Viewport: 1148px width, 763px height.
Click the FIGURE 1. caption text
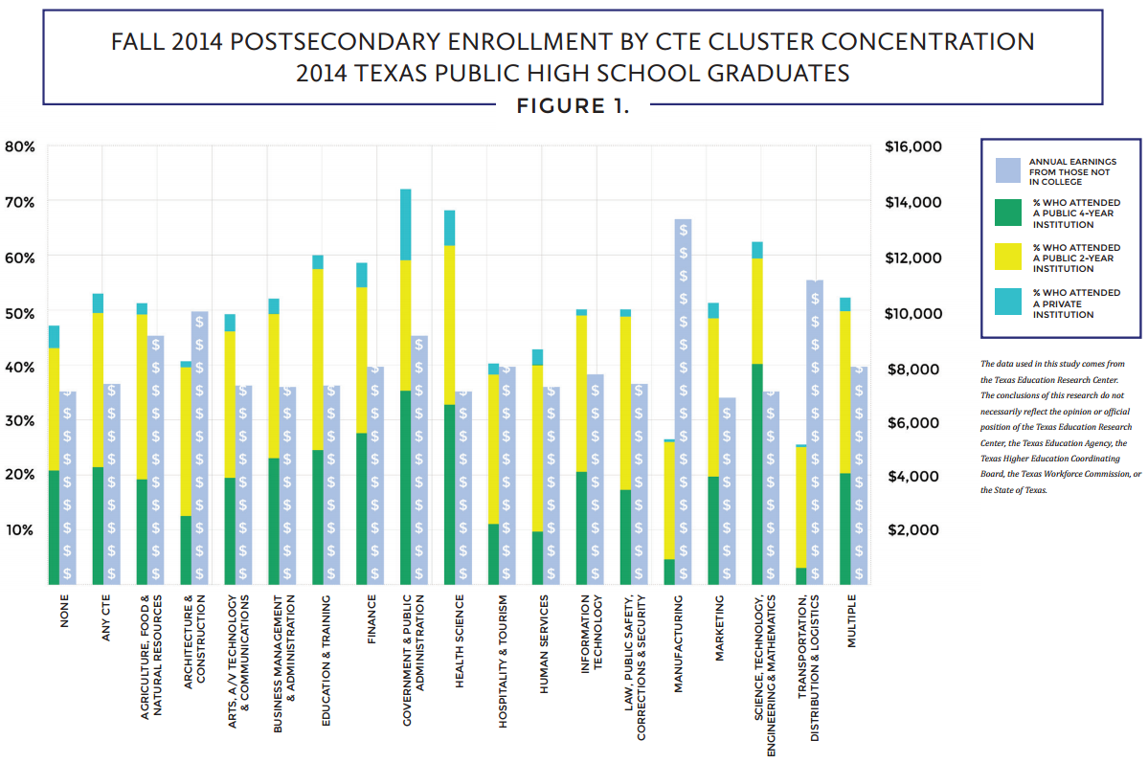coord(573,105)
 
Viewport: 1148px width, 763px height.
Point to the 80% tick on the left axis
coord(20,146)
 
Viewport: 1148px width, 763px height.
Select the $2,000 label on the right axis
coord(919,529)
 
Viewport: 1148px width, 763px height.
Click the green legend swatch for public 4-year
coord(1010,213)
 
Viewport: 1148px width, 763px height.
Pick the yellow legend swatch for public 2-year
coord(1010,258)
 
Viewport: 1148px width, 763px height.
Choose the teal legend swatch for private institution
coord(1010,301)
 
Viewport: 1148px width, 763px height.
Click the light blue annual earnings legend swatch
coord(1010,170)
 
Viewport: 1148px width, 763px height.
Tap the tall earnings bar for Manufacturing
coord(683,402)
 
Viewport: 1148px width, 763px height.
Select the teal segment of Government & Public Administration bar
coord(406,224)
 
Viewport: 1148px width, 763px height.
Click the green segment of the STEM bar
coord(757,474)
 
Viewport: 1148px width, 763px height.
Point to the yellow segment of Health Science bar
coord(450,325)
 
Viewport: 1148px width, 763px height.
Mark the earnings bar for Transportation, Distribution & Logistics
coord(815,431)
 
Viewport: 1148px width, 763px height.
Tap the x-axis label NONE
coord(65,613)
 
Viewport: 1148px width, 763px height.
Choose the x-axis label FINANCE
coord(372,620)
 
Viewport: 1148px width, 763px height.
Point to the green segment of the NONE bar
coord(54,527)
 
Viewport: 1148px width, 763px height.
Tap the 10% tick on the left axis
coord(20,529)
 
